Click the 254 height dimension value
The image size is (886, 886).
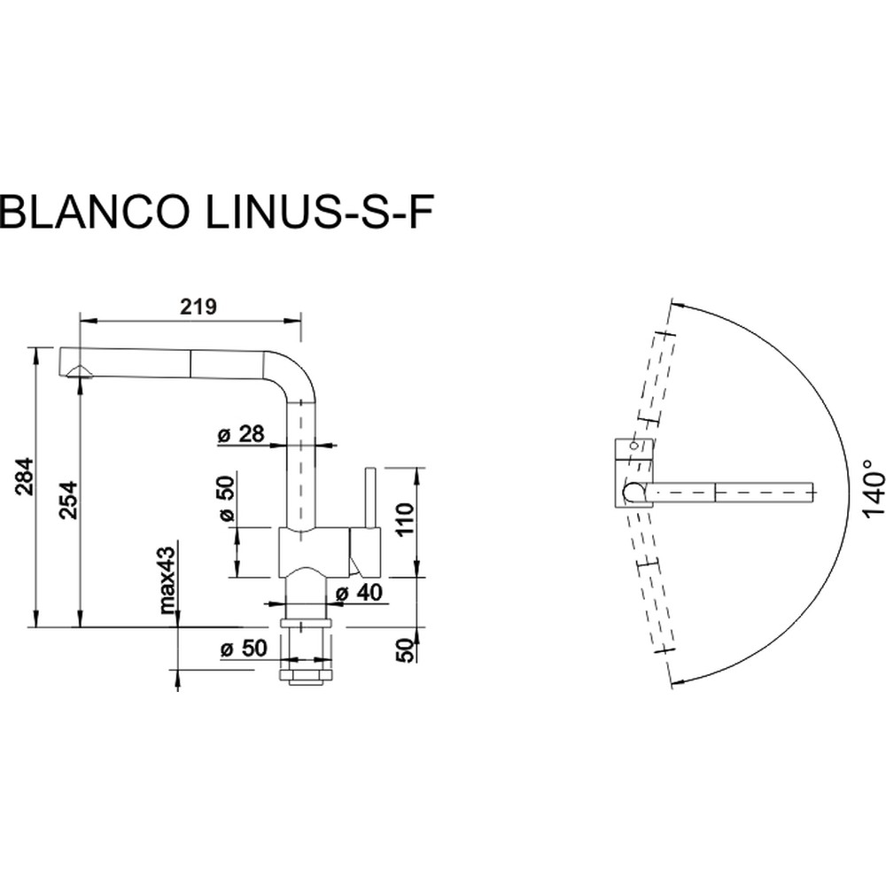[69, 501]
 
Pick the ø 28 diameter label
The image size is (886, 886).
[240, 434]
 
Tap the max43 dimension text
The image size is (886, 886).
[166, 579]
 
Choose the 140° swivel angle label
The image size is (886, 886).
[873, 493]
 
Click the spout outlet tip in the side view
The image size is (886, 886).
[79, 372]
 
